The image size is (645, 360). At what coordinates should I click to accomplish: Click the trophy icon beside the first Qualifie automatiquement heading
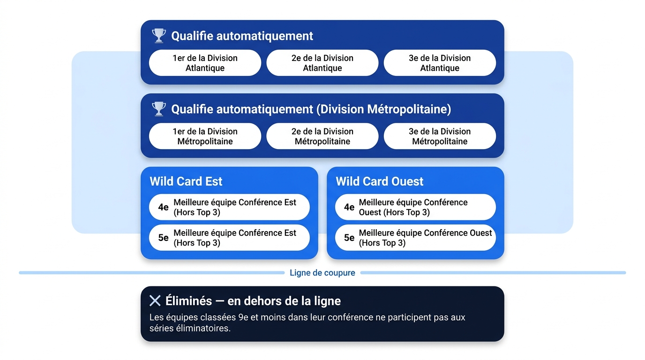[158, 36]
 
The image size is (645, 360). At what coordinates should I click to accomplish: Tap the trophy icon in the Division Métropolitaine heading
[158, 109]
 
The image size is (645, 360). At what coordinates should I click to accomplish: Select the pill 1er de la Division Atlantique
[205, 63]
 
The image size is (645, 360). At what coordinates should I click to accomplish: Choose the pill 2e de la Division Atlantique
[322, 63]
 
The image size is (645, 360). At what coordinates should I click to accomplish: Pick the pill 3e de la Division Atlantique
[440, 63]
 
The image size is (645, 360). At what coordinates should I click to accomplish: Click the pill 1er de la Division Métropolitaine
[205, 136]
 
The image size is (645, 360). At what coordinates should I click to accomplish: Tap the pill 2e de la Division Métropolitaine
[322, 136]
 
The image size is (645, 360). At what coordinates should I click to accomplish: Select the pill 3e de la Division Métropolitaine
[440, 136]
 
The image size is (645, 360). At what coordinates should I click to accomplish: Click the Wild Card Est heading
[186, 181]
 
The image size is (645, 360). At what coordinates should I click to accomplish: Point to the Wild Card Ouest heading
[380, 181]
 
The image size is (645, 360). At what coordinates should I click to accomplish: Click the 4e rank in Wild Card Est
[163, 207]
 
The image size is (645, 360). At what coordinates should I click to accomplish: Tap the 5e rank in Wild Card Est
[163, 238]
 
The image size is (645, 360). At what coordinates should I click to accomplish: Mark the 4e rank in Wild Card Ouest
[349, 207]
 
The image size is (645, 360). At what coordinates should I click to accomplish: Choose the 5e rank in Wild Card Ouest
[349, 238]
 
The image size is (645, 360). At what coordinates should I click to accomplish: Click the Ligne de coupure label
[322, 273]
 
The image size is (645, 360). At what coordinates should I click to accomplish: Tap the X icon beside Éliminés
[155, 300]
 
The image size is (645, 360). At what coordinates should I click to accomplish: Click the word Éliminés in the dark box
[188, 300]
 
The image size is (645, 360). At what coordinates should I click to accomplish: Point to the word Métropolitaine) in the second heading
[409, 109]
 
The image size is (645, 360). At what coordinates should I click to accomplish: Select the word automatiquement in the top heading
[265, 36]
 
